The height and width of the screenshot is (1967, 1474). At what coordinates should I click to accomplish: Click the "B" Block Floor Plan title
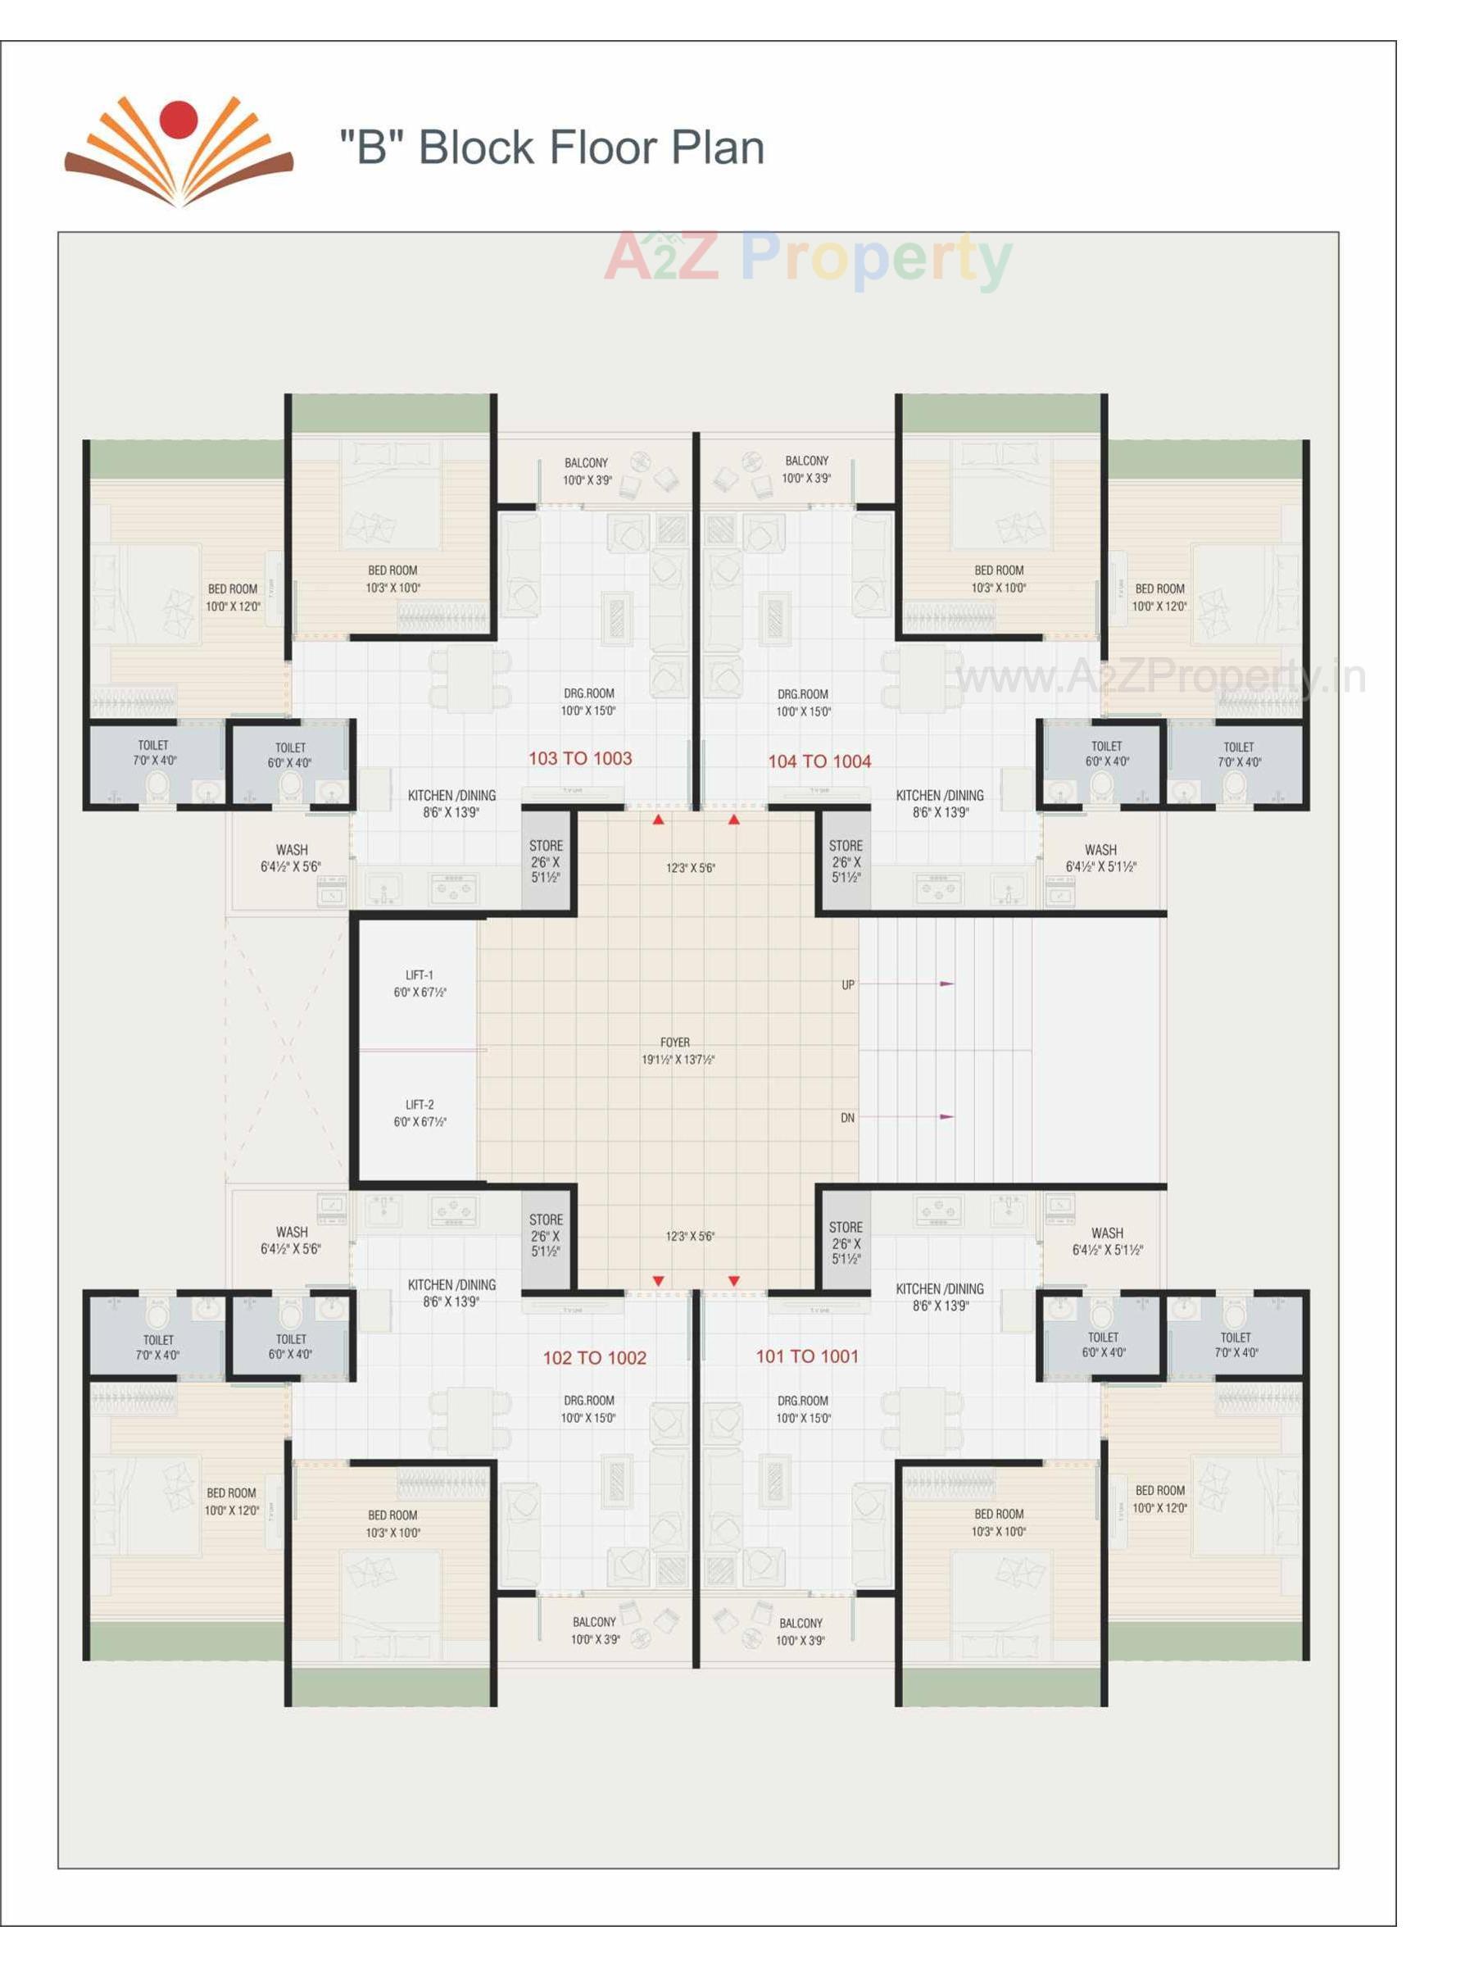[x=551, y=148]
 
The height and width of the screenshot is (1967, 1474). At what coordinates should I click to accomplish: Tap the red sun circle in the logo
[x=179, y=120]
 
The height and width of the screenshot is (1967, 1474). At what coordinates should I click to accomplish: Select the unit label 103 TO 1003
[x=579, y=758]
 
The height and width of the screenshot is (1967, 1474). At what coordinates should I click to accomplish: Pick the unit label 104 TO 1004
[x=819, y=761]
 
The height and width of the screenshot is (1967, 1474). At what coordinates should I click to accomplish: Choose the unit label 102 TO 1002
[x=594, y=1358]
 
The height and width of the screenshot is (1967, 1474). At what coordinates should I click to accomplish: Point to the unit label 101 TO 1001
[x=806, y=1356]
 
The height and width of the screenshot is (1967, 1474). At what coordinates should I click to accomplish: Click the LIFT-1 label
[x=420, y=975]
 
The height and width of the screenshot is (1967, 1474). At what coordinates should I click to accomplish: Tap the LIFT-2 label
[x=420, y=1105]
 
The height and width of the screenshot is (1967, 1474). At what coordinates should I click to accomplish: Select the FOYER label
[x=675, y=1043]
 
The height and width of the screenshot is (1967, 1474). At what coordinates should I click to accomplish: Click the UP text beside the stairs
[x=847, y=985]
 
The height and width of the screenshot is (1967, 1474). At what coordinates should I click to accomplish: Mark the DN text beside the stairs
[x=847, y=1118]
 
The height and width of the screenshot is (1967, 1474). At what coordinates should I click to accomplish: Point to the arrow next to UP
[x=946, y=983]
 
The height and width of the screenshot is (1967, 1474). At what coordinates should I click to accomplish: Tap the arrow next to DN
[x=946, y=1116]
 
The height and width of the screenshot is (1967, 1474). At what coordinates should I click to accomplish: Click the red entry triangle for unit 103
[x=658, y=820]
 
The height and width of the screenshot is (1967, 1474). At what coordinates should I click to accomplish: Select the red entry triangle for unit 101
[x=733, y=1280]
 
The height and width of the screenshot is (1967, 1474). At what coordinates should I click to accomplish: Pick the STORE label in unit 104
[x=846, y=846]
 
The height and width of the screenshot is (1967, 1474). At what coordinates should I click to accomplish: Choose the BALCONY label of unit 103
[x=586, y=463]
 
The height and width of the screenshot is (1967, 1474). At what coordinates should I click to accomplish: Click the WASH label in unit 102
[x=292, y=1232]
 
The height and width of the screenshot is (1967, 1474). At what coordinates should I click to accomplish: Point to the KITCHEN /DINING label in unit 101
[x=940, y=1289]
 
